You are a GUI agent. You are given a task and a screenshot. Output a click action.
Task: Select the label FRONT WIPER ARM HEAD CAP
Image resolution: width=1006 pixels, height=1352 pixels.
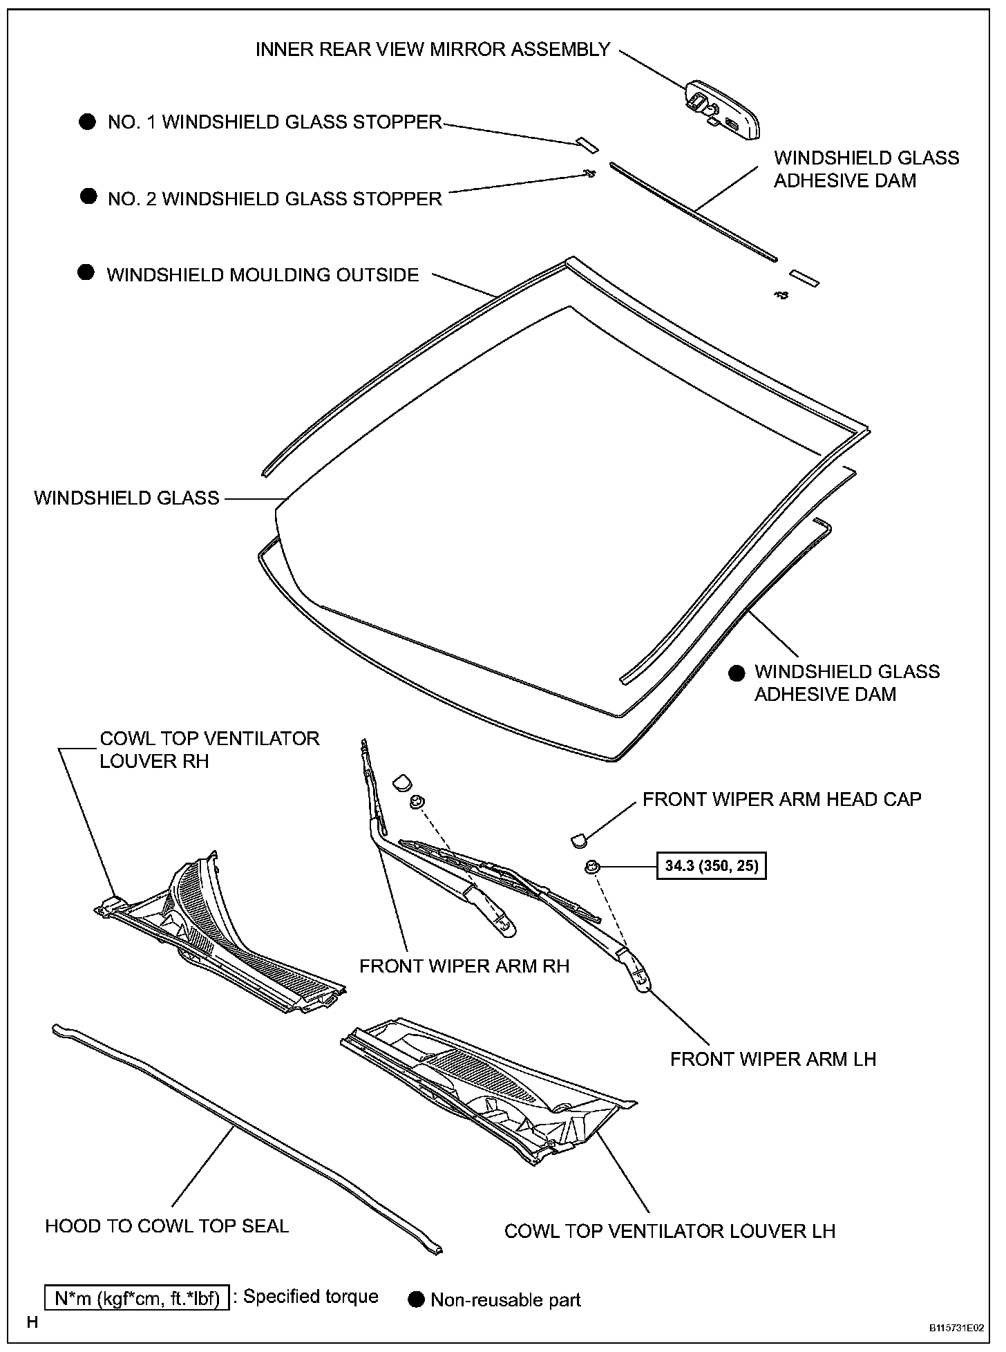(781, 799)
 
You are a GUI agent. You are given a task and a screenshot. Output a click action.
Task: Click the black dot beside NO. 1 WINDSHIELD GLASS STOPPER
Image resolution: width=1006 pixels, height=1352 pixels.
(87, 122)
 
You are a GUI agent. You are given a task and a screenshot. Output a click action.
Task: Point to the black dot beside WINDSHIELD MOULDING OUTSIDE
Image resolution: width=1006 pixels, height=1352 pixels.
(86, 273)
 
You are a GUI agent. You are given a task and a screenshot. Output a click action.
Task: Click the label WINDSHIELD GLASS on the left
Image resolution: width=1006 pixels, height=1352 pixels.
(126, 498)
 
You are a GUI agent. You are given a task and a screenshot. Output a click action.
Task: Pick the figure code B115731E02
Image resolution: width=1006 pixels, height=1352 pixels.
(956, 1328)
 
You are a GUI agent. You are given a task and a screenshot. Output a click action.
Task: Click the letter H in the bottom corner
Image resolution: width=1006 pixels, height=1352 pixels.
(32, 1323)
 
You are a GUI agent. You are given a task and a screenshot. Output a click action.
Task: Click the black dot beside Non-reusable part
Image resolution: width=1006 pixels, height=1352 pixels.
(415, 1299)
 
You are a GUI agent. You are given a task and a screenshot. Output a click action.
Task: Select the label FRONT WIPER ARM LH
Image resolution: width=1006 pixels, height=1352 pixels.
(772, 1059)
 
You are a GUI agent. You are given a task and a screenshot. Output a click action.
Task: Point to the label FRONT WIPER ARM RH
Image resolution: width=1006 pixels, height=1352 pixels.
(464, 966)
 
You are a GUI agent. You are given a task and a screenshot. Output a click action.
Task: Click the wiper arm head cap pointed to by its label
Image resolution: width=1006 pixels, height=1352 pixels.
(578, 840)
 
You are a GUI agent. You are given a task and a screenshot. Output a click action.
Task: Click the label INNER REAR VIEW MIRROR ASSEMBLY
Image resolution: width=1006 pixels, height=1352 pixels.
(433, 50)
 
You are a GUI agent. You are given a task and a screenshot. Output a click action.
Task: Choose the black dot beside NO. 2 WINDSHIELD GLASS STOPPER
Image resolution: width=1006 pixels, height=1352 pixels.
(88, 197)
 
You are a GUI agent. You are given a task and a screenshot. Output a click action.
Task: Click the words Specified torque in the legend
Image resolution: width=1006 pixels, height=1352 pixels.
(310, 1297)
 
